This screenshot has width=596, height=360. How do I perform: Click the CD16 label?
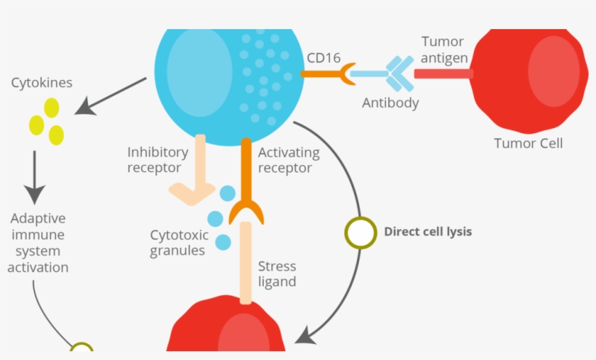point(323,56)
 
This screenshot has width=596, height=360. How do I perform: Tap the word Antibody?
point(390,103)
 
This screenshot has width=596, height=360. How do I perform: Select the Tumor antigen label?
point(444,50)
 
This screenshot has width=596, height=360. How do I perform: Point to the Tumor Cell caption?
point(528,143)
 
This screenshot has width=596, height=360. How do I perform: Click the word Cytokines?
point(41,83)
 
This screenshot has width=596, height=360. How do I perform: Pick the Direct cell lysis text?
point(428,232)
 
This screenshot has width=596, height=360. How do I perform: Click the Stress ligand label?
point(277,274)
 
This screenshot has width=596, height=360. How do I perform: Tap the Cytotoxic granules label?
point(180,243)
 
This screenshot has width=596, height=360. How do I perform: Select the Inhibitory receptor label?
point(158,160)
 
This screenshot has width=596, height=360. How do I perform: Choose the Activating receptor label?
point(289,160)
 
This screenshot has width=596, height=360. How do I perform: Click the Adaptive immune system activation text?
point(38,243)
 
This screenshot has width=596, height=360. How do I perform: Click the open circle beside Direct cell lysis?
point(359,233)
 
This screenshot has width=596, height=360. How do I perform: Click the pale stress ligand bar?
point(246,262)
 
